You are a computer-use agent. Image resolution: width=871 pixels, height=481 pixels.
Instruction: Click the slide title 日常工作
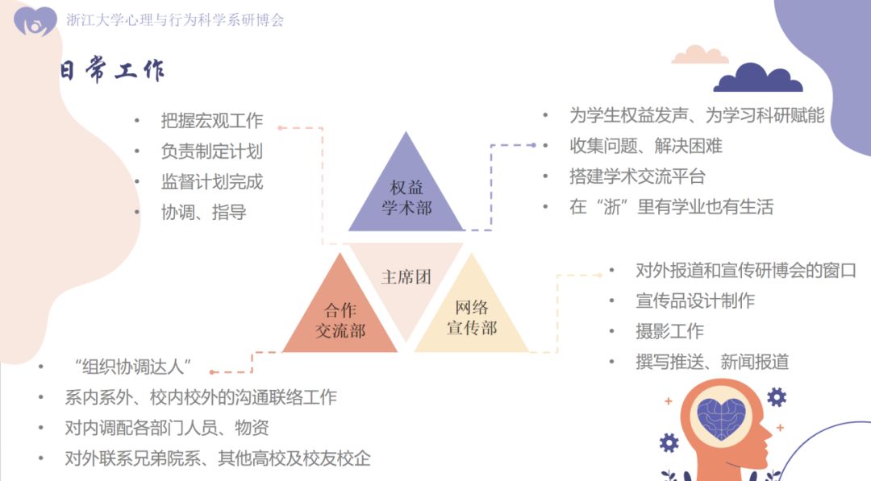113,71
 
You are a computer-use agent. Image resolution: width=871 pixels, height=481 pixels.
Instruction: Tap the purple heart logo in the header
35,21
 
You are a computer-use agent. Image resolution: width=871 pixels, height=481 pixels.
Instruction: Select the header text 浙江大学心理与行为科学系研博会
175,20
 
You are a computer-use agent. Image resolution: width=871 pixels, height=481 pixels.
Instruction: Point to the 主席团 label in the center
406,277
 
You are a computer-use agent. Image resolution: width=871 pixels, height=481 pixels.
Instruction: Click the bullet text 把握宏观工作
211,121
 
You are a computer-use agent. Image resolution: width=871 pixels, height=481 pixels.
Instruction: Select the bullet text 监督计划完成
211,182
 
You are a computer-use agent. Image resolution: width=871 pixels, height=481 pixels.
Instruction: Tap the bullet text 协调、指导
203,213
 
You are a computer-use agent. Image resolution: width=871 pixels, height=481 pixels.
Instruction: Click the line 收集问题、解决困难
645,146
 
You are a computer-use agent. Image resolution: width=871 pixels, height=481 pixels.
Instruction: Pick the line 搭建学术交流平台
637,176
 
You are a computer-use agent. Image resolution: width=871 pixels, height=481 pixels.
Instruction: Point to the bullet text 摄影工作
669,331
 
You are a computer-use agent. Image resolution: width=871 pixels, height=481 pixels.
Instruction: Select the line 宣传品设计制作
695,301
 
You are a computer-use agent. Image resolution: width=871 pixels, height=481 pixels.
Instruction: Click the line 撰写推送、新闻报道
712,362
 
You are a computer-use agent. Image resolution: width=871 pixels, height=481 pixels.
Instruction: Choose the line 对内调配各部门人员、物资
167,428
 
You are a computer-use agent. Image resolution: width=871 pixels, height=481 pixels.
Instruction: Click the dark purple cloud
757,79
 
